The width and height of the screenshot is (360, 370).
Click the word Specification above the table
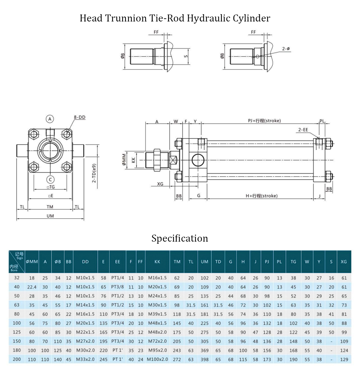point(179,238)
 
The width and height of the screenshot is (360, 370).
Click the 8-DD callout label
point(79,117)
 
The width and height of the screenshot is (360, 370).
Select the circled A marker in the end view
point(50,119)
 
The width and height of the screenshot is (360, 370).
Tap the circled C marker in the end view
point(50,179)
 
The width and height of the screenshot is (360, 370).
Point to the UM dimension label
point(50,216)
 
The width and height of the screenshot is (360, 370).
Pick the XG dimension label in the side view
point(160,184)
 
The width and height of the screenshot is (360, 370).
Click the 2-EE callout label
point(303,130)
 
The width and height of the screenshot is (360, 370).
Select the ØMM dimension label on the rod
point(124,160)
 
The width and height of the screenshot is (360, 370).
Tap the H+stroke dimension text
point(262,196)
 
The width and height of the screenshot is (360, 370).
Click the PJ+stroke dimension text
point(264,120)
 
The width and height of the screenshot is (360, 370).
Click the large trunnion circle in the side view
point(199,160)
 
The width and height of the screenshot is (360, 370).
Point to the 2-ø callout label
point(286,49)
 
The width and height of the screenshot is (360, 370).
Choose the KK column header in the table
point(157,262)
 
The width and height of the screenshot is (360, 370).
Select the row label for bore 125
point(17,332)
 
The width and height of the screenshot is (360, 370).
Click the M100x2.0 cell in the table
point(157,359)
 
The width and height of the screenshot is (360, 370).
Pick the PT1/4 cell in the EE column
point(117,278)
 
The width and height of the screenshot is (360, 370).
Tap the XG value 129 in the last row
point(344,359)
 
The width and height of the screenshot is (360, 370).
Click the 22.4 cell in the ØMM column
point(32,287)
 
